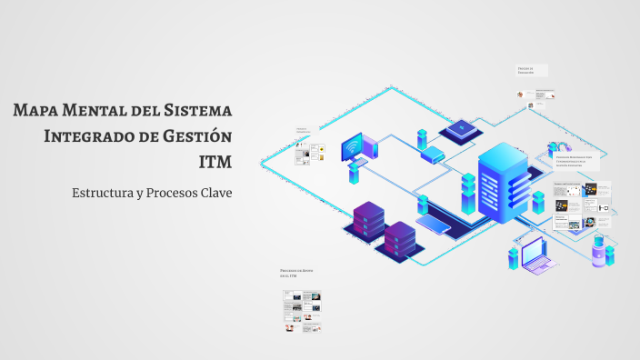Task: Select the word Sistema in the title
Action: pos(196,111)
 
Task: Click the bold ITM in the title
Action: pos(215,162)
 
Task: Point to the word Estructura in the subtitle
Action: pos(104,194)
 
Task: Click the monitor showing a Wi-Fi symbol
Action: pos(352,146)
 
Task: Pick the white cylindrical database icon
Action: pos(599,249)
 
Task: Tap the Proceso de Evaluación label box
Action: pos(531,70)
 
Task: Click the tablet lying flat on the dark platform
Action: pos(428,219)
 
